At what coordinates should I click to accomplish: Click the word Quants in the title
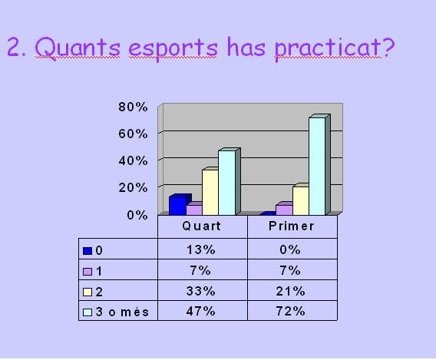(x=78, y=48)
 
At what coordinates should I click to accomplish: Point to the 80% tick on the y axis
(x=133, y=107)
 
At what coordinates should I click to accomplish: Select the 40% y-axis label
(x=133, y=160)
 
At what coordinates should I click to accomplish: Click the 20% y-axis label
(x=133, y=187)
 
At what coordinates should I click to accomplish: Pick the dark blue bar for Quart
(x=178, y=206)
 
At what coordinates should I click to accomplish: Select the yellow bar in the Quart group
(x=210, y=192)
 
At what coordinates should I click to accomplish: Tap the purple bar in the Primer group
(x=284, y=209)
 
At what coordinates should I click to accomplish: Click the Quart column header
(x=202, y=226)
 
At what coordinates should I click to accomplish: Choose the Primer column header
(x=292, y=226)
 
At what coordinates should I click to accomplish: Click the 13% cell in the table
(x=201, y=249)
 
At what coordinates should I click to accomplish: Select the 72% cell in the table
(x=291, y=311)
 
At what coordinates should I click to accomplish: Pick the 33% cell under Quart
(x=201, y=291)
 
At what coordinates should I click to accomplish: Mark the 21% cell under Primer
(x=291, y=291)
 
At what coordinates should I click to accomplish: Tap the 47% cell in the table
(x=201, y=311)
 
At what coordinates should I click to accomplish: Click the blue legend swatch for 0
(x=88, y=251)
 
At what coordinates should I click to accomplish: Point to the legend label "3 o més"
(x=122, y=312)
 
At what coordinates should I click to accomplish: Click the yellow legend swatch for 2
(x=88, y=292)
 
